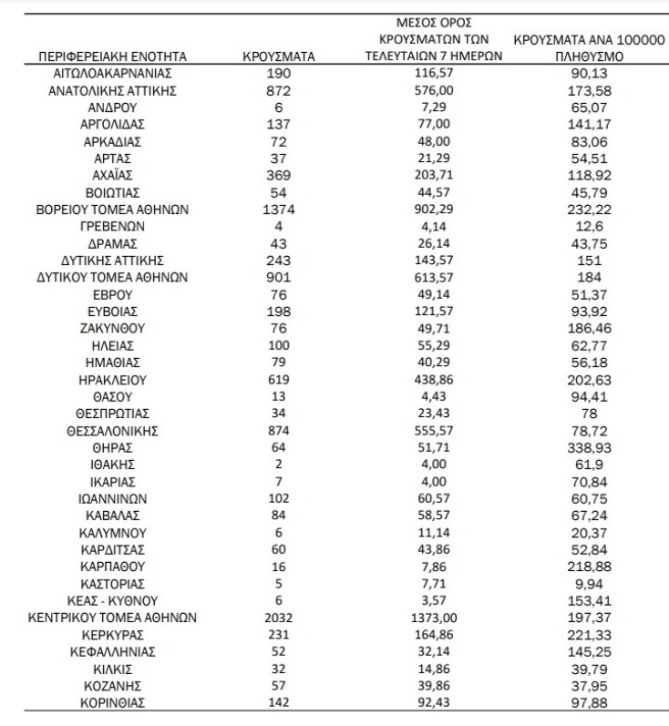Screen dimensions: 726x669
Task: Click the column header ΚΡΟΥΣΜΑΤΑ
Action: tap(278, 56)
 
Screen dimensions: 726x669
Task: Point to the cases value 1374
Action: tap(278, 209)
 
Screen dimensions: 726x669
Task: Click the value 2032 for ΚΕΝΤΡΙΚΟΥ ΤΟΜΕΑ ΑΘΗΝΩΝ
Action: tap(278, 618)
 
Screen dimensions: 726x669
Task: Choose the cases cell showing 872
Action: tap(278, 90)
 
